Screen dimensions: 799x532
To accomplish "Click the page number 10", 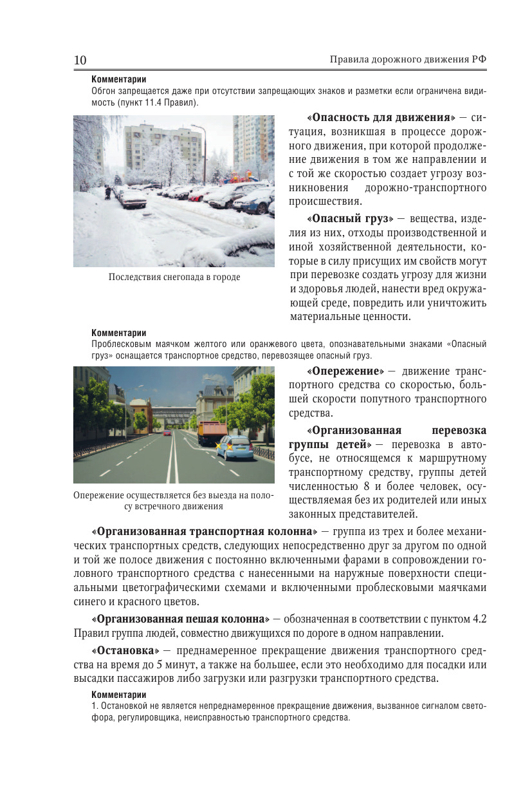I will tap(80, 60).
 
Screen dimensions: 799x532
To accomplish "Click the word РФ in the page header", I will tap(478, 60).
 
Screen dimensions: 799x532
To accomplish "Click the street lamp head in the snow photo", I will tap(194, 127).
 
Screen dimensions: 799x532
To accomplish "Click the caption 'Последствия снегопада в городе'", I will tap(174, 277).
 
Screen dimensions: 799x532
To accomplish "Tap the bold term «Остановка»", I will tap(125, 650).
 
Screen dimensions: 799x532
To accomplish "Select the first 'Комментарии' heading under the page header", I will tap(119, 80).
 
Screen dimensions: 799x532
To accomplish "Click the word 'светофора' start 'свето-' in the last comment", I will tap(473, 706).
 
